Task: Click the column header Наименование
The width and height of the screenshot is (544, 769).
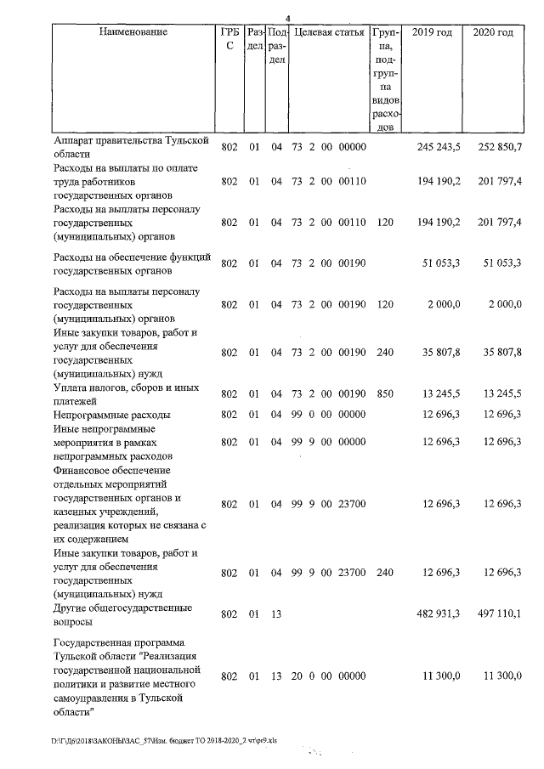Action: [x=133, y=33]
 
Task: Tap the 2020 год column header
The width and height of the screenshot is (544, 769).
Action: [x=493, y=33]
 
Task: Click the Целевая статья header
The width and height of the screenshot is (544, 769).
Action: [x=329, y=33]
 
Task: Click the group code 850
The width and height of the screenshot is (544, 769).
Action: [x=384, y=394]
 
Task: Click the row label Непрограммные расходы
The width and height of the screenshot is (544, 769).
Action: [x=111, y=416]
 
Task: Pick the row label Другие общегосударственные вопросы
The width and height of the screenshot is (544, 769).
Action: [x=122, y=615]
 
